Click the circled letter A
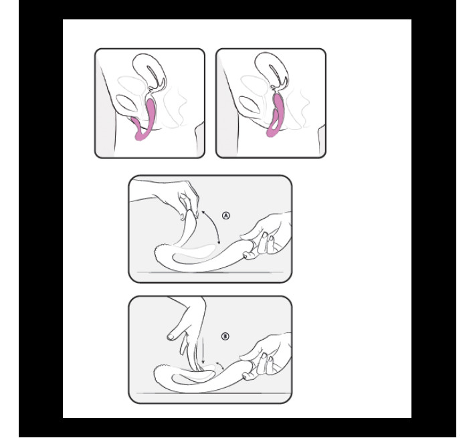(226, 215)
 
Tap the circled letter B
(225, 336)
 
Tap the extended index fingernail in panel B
(171, 336)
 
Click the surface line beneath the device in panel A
(210, 272)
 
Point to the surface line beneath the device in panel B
(210, 393)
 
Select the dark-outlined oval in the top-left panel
(126, 104)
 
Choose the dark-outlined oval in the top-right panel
(250, 105)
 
